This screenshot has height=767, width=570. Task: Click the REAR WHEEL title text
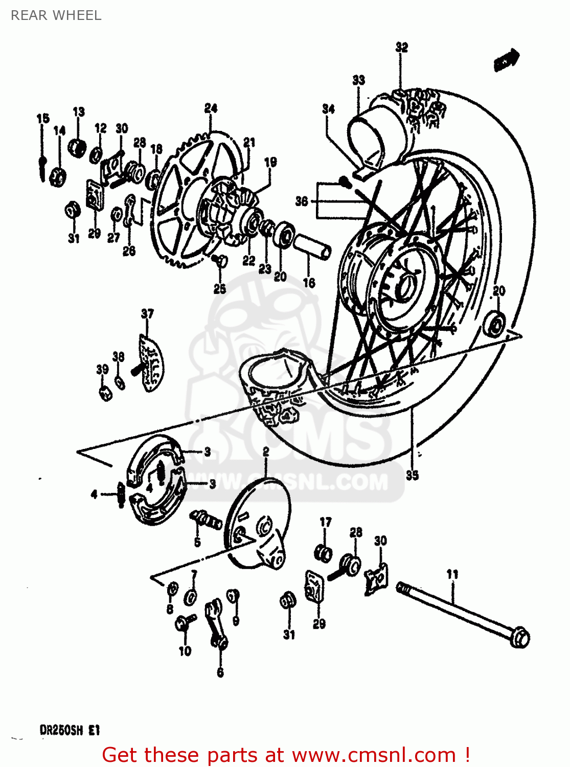click(56, 15)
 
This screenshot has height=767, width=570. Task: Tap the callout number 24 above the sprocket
click(211, 108)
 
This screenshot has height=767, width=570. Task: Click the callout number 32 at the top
click(402, 47)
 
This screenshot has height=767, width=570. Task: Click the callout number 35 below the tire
click(412, 475)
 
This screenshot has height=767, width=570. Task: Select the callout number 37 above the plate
click(147, 313)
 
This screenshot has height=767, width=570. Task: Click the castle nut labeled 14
click(58, 177)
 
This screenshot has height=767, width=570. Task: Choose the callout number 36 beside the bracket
click(302, 201)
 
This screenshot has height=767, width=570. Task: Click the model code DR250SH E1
click(70, 730)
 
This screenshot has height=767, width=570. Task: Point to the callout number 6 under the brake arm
click(220, 672)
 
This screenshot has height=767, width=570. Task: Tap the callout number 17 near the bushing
click(326, 522)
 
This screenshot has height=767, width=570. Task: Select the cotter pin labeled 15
click(42, 164)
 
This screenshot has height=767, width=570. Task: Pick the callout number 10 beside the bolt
click(185, 651)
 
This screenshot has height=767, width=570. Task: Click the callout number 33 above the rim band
click(359, 80)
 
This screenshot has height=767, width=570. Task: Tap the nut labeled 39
click(105, 393)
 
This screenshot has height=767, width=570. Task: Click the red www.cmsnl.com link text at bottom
click(372, 755)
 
